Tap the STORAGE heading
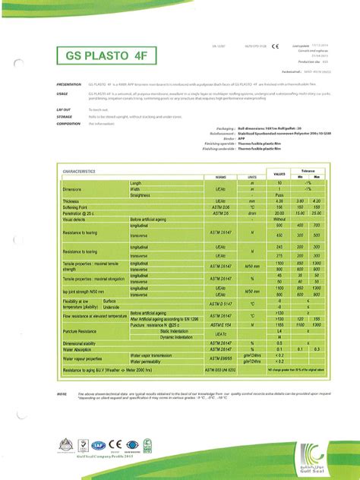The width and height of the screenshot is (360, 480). (x=64, y=117)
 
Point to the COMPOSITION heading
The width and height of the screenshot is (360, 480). (x=68, y=122)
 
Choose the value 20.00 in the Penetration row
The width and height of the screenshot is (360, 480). (x=279, y=213)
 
